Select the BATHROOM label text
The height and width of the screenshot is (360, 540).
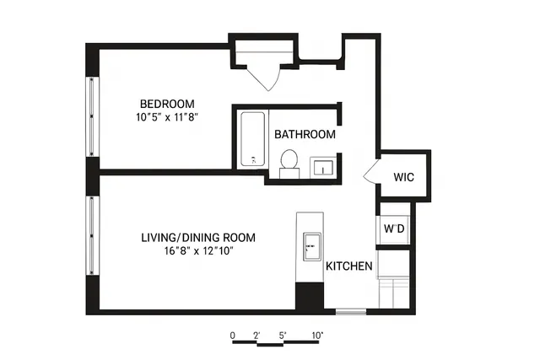(305, 134)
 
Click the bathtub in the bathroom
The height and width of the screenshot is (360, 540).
(251, 138)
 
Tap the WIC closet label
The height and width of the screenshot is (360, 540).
(403, 177)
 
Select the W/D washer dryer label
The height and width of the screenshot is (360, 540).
(394, 228)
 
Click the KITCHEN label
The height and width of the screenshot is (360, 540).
(349, 266)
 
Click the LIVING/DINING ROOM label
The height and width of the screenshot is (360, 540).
(197, 237)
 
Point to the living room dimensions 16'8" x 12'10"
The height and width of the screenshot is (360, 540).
(197, 251)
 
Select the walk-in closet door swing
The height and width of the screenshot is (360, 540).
(371, 172)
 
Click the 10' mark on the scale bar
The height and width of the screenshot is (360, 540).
(316, 335)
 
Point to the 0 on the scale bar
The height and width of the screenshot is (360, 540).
(232, 335)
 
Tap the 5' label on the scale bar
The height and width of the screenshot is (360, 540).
(283, 335)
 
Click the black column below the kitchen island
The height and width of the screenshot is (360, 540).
(310, 298)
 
